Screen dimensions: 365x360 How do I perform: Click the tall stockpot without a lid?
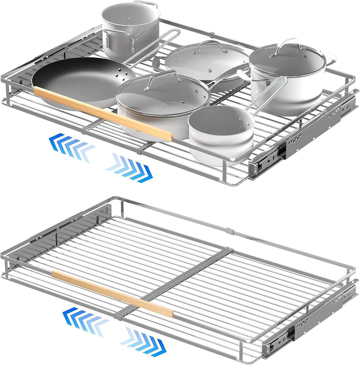[x=130, y=30]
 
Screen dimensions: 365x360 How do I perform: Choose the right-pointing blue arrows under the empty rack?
[x=143, y=341]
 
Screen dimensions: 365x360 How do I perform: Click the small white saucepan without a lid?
[x=221, y=135]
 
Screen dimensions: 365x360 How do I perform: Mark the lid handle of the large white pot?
[x=287, y=47]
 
